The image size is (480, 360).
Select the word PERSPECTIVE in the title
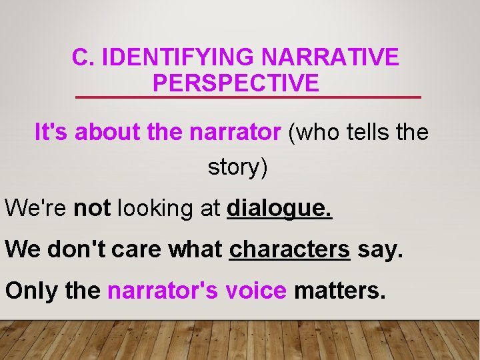pyautogui.click(x=236, y=83)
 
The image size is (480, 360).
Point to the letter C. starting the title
pyautogui.click(x=84, y=58)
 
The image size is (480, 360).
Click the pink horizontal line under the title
pyautogui.click(x=248, y=97)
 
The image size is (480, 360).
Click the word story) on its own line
pyautogui.click(x=238, y=167)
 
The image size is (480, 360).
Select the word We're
pyautogui.click(x=36, y=208)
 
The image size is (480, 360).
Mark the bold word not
pyautogui.click(x=93, y=208)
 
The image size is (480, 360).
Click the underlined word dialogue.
pyautogui.click(x=279, y=209)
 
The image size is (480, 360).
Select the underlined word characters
pyautogui.click(x=289, y=249)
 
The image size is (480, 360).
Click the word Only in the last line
pyautogui.click(x=29, y=291)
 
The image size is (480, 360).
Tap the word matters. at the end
pyautogui.click(x=339, y=291)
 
